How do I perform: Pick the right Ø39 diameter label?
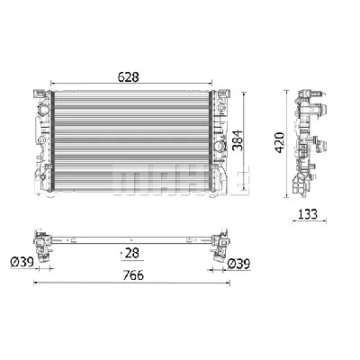pyautogui.click(x=238, y=265)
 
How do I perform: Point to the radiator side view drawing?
pyautogui.click(x=308, y=139)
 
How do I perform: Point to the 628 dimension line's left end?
pyautogui.click(x=52, y=87)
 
